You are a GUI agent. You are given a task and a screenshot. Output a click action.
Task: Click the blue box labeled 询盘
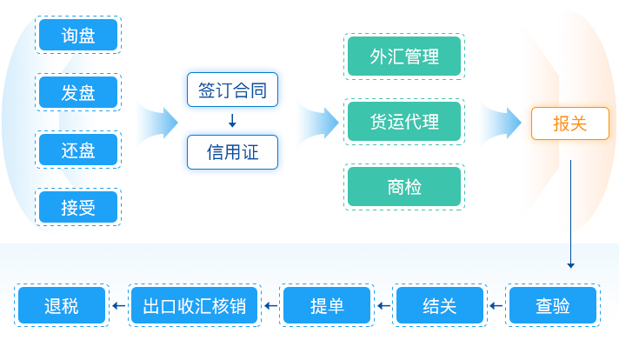click(x=78, y=35)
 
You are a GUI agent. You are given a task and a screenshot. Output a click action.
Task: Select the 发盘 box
click(x=78, y=92)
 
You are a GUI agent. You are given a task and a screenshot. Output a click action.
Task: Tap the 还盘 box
click(x=78, y=150)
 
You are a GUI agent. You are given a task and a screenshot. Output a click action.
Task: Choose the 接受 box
click(x=78, y=207)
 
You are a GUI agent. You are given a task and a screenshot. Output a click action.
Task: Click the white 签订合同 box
click(x=232, y=90)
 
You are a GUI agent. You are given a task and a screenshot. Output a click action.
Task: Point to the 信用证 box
click(x=232, y=152)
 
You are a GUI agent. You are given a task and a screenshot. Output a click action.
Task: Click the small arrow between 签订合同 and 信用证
click(x=232, y=121)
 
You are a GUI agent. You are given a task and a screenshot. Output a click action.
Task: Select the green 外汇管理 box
click(x=404, y=56)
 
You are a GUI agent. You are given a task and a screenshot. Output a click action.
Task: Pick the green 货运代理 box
click(x=404, y=121)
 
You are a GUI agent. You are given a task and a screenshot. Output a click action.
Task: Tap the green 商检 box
click(x=404, y=186)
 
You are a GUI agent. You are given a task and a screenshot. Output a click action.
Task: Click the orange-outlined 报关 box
click(x=570, y=123)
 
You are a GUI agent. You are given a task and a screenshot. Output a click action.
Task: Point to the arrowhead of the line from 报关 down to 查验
click(x=570, y=266)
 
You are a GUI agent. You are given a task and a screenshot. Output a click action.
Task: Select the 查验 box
click(x=553, y=305)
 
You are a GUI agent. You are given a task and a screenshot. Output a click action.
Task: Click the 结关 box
click(x=440, y=305)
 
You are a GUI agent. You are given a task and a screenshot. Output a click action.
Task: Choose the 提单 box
click(x=327, y=305)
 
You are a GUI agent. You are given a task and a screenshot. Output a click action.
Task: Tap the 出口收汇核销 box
click(x=194, y=305)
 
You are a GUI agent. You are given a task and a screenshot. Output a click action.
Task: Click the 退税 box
click(x=62, y=305)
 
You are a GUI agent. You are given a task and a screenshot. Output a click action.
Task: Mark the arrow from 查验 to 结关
click(x=496, y=305)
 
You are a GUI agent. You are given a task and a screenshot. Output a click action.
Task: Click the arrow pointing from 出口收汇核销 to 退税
click(x=118, y=305)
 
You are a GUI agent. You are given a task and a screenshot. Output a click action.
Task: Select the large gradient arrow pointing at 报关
click(x=502, y=123)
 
